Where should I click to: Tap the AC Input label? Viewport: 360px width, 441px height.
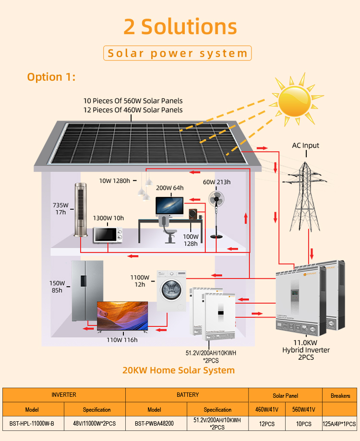point(305,146)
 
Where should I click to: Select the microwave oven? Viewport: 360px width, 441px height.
point(108,235)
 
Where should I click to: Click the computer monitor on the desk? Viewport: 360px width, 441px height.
point(169,207)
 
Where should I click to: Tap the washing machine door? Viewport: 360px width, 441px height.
point(171,289)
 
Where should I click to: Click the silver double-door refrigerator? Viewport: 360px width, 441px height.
point(87,291)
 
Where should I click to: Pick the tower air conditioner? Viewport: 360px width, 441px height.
point(80,210)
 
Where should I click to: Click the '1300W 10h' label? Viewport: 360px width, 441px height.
point(108,218)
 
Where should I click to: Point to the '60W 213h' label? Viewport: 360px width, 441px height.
point(216,182)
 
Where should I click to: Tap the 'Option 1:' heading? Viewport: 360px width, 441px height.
point(51,77)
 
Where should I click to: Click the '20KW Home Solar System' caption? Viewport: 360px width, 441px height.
point(179,370)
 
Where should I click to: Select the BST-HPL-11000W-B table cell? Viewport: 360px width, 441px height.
point(32,423)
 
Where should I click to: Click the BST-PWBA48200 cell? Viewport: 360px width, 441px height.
point(154,423)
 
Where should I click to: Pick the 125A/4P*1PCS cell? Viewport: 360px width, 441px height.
point(339,424)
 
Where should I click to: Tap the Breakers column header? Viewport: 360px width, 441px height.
point(340,396)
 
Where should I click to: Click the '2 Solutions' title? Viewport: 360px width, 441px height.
point(180,27)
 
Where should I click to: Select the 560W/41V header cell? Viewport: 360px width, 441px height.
point(303,409)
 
